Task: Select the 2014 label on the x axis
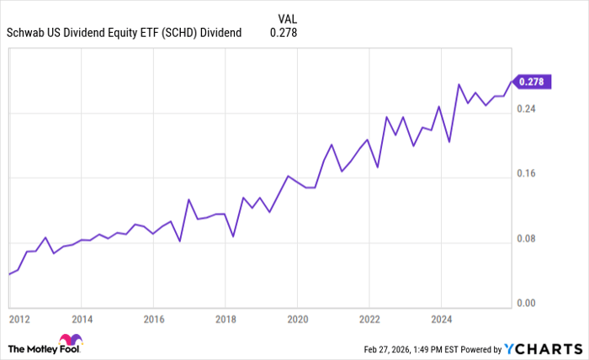(x=81, y=320)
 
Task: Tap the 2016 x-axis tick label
(x=153, y=320)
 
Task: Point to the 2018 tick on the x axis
(x=225, y=320)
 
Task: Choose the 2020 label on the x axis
(x=297, y=320)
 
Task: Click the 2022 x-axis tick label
(x=369, y=320)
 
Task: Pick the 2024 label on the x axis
(x=441, y=320)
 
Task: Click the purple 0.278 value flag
(x=532, y=81)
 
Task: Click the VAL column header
(x=286, y=17)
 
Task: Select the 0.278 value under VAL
(x=284, y=33)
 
